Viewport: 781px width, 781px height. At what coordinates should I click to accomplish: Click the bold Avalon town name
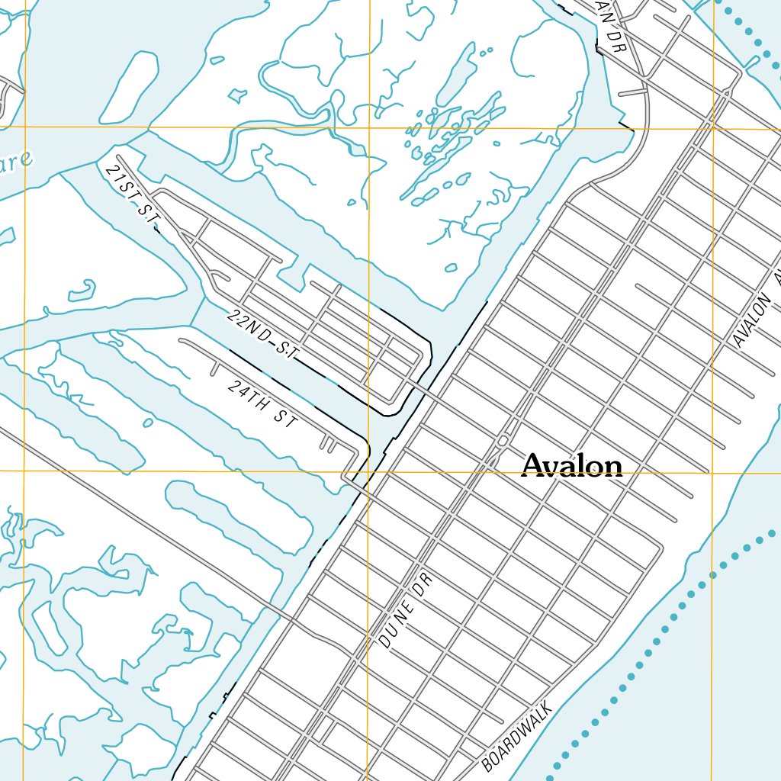coord(572,465)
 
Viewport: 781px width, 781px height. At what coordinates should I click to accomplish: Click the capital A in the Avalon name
coord(535,465)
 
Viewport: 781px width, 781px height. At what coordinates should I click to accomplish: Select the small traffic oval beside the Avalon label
coord(503,442)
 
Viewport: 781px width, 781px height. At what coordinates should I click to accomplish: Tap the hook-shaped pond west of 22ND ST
coord(82,291)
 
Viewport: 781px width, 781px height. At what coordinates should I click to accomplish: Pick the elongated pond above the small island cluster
coord(456,73)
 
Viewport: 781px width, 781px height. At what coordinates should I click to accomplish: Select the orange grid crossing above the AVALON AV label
coord(713,128)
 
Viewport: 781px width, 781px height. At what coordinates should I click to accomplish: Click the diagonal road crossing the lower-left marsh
coord(153,519)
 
